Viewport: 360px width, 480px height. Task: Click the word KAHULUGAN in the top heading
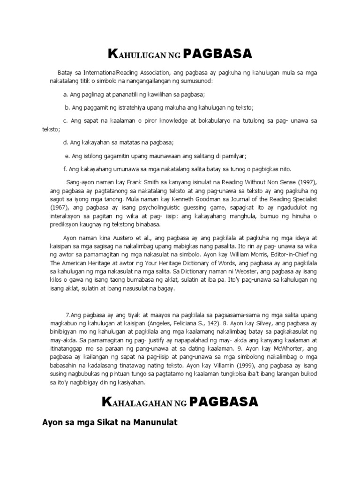pyautogui.click(x=135, y=55)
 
